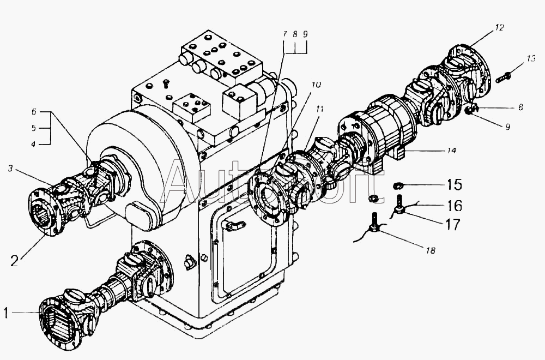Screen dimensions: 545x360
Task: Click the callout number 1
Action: tap(6, 313)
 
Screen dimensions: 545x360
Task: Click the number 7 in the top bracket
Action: tap(284, 34)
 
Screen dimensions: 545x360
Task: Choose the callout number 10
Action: tap(316, 85)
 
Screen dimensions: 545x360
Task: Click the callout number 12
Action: tap(500, 27)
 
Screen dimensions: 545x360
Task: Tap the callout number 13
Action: tap(531, 58)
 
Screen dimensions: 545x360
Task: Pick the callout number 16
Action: tap(455, 206)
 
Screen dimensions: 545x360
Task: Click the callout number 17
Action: tap(452, 224)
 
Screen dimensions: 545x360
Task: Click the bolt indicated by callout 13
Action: tap(504, 76)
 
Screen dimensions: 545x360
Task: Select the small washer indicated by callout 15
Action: tap(398, 187)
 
